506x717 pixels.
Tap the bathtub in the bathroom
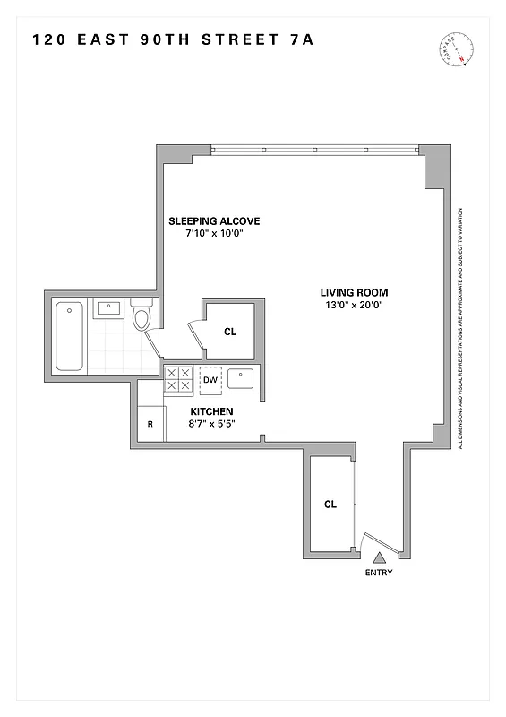click(x=69, y=336)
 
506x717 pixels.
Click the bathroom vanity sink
click(x=107, y=309)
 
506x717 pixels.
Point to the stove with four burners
click(x=178, y=380)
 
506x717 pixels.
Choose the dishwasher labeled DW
click(x=210, y=380)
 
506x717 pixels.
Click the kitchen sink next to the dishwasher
click(x=242, y=379)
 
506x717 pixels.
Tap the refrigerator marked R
click(x=150, y=425)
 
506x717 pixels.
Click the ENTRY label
click(x=379, y=573)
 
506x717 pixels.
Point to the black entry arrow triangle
click(x=378, y=557)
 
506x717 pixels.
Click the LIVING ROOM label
click(x=356, y=292)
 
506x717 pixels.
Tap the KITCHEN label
click(x=211, y=411)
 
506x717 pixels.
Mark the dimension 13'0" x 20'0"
click(x=356, y=305)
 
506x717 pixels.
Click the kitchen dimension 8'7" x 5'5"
click(x=211, y=424)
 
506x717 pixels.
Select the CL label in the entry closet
click(x=330, y=505)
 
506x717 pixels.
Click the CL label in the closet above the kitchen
click(x=230, y=332)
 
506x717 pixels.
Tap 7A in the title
click(x=301, y=39)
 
